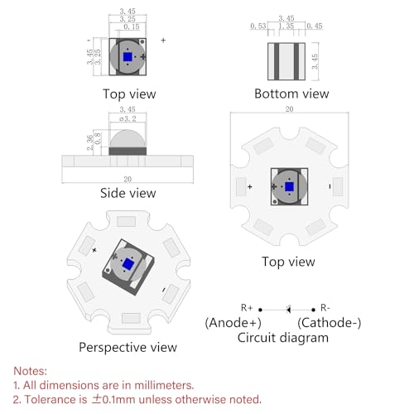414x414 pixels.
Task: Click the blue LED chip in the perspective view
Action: (128, 263)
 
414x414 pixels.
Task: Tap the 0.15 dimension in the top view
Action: (132, 26)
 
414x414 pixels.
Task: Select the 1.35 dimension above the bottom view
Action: (286, 26)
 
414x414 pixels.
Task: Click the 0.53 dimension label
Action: (258, 26)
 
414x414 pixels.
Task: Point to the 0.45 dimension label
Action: (315, 26)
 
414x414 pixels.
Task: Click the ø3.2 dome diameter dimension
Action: (128, 118)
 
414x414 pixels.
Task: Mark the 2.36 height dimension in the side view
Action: (90, 142)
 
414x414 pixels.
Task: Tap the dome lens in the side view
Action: (128, 138)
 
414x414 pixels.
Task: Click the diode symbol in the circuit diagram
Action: (288, 310)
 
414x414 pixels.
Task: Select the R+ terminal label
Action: (247, 307)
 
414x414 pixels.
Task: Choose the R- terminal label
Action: (325, 307)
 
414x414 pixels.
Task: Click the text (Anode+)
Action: (233, 323)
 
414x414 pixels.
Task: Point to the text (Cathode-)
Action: (330, 323)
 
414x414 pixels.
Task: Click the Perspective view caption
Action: (128, 347)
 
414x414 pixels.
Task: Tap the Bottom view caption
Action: (291, 94)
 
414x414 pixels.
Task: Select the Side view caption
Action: (128, 193)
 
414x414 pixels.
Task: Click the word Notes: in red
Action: (31, 371)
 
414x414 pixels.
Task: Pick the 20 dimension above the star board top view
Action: (289, 109)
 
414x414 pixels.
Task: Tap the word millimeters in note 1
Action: (164, 385)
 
